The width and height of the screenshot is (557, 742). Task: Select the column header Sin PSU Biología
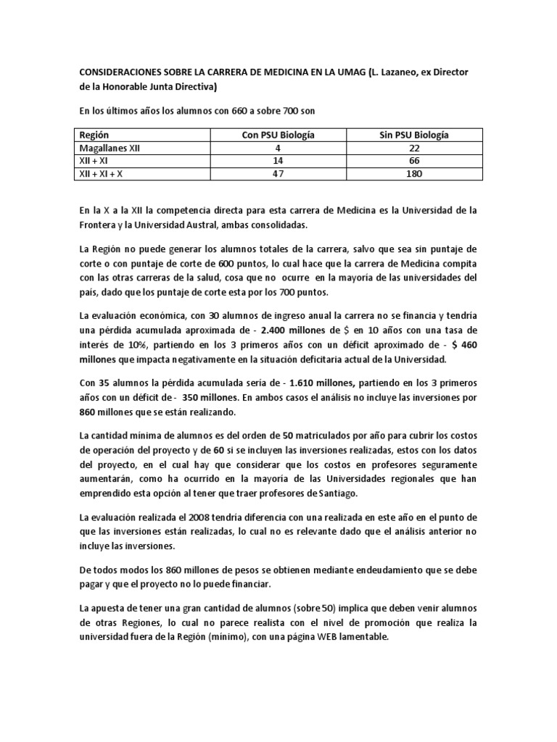pos(414,135)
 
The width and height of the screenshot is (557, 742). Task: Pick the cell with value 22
pos(414,148)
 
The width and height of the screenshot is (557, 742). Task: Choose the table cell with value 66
pos(414,161)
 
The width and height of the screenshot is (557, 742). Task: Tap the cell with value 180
pos(414,174)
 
